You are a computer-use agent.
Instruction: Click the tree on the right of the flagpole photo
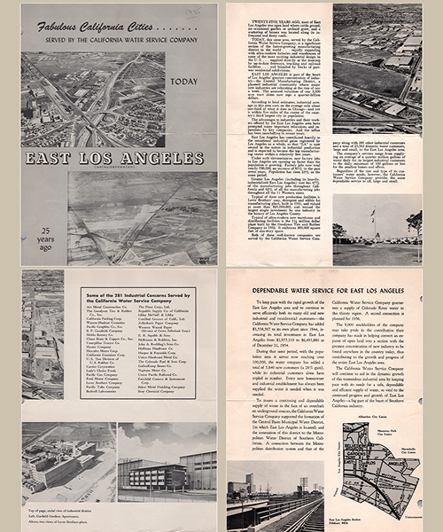pyautogui.click(x=414, y=223)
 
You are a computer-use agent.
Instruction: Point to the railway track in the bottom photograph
pyautogui.click(x=284, y=514)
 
